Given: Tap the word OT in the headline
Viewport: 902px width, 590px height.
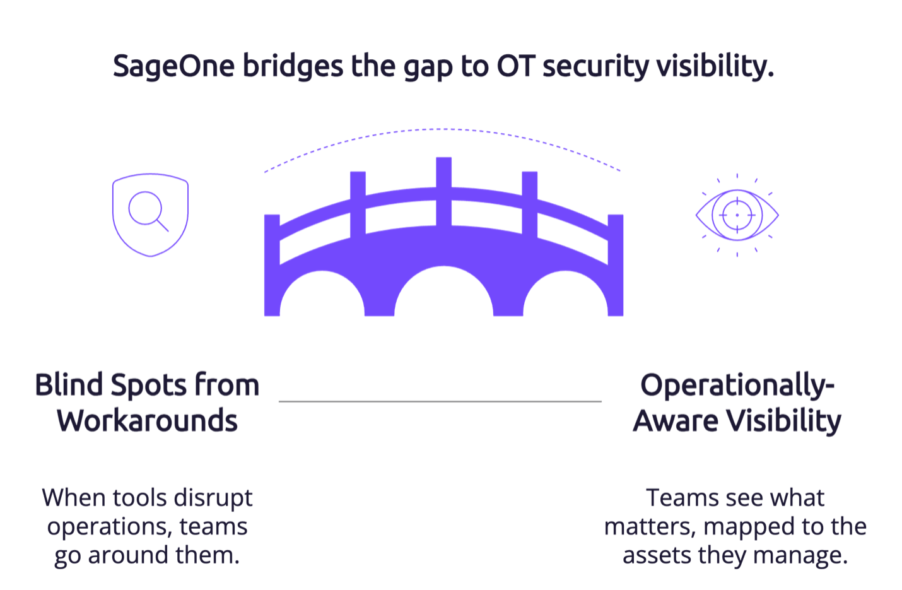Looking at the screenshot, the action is (516, 66).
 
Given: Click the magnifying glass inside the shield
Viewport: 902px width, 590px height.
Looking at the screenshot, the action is (148, 211).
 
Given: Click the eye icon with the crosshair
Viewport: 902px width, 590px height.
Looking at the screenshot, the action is (737, 215).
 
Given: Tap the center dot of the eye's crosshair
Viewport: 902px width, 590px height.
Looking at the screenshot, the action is (737, 215).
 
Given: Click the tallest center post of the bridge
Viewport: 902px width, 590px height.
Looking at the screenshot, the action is (444, 191).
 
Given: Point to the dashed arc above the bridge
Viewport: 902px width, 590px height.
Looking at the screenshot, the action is (442, 129).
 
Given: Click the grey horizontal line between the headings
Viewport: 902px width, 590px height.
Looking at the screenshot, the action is (440, 401).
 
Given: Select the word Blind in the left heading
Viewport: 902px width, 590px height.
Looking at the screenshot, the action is (69, 385).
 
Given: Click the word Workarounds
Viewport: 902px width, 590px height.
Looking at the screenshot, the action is (147, 420).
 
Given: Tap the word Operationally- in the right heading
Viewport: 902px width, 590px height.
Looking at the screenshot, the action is (737, 386).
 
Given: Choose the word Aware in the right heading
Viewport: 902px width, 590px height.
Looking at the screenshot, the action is (676, 421).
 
